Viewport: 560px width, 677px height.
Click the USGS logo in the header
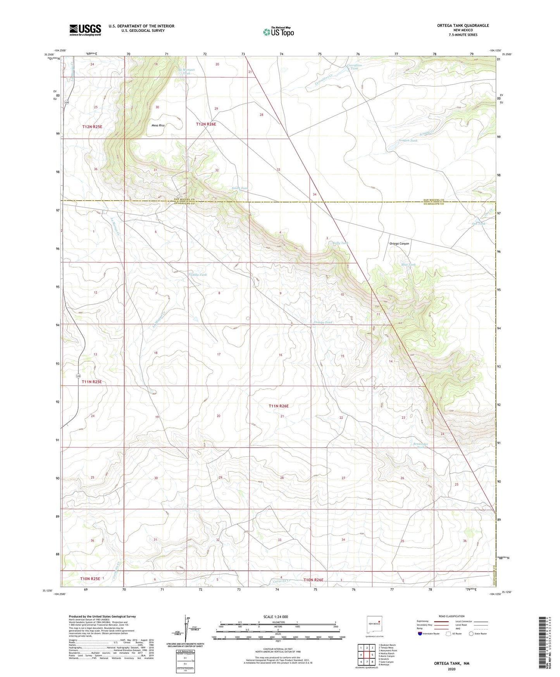[x=85, y=30]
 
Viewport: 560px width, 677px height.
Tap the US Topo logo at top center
[x=278, y=32]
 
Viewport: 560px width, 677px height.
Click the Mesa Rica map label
[x=158, y=126]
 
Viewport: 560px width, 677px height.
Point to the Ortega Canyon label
[x=399, y=244]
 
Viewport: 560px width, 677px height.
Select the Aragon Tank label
[x=408, y=140]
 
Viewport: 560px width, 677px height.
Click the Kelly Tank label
[x=340, y=243]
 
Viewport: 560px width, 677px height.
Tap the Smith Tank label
[x=240, y=188]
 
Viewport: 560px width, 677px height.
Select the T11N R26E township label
[x=279, y=406]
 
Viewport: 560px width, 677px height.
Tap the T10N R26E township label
[x=314, y=580]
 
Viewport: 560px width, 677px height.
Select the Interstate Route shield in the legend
[x=420, y=634]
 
